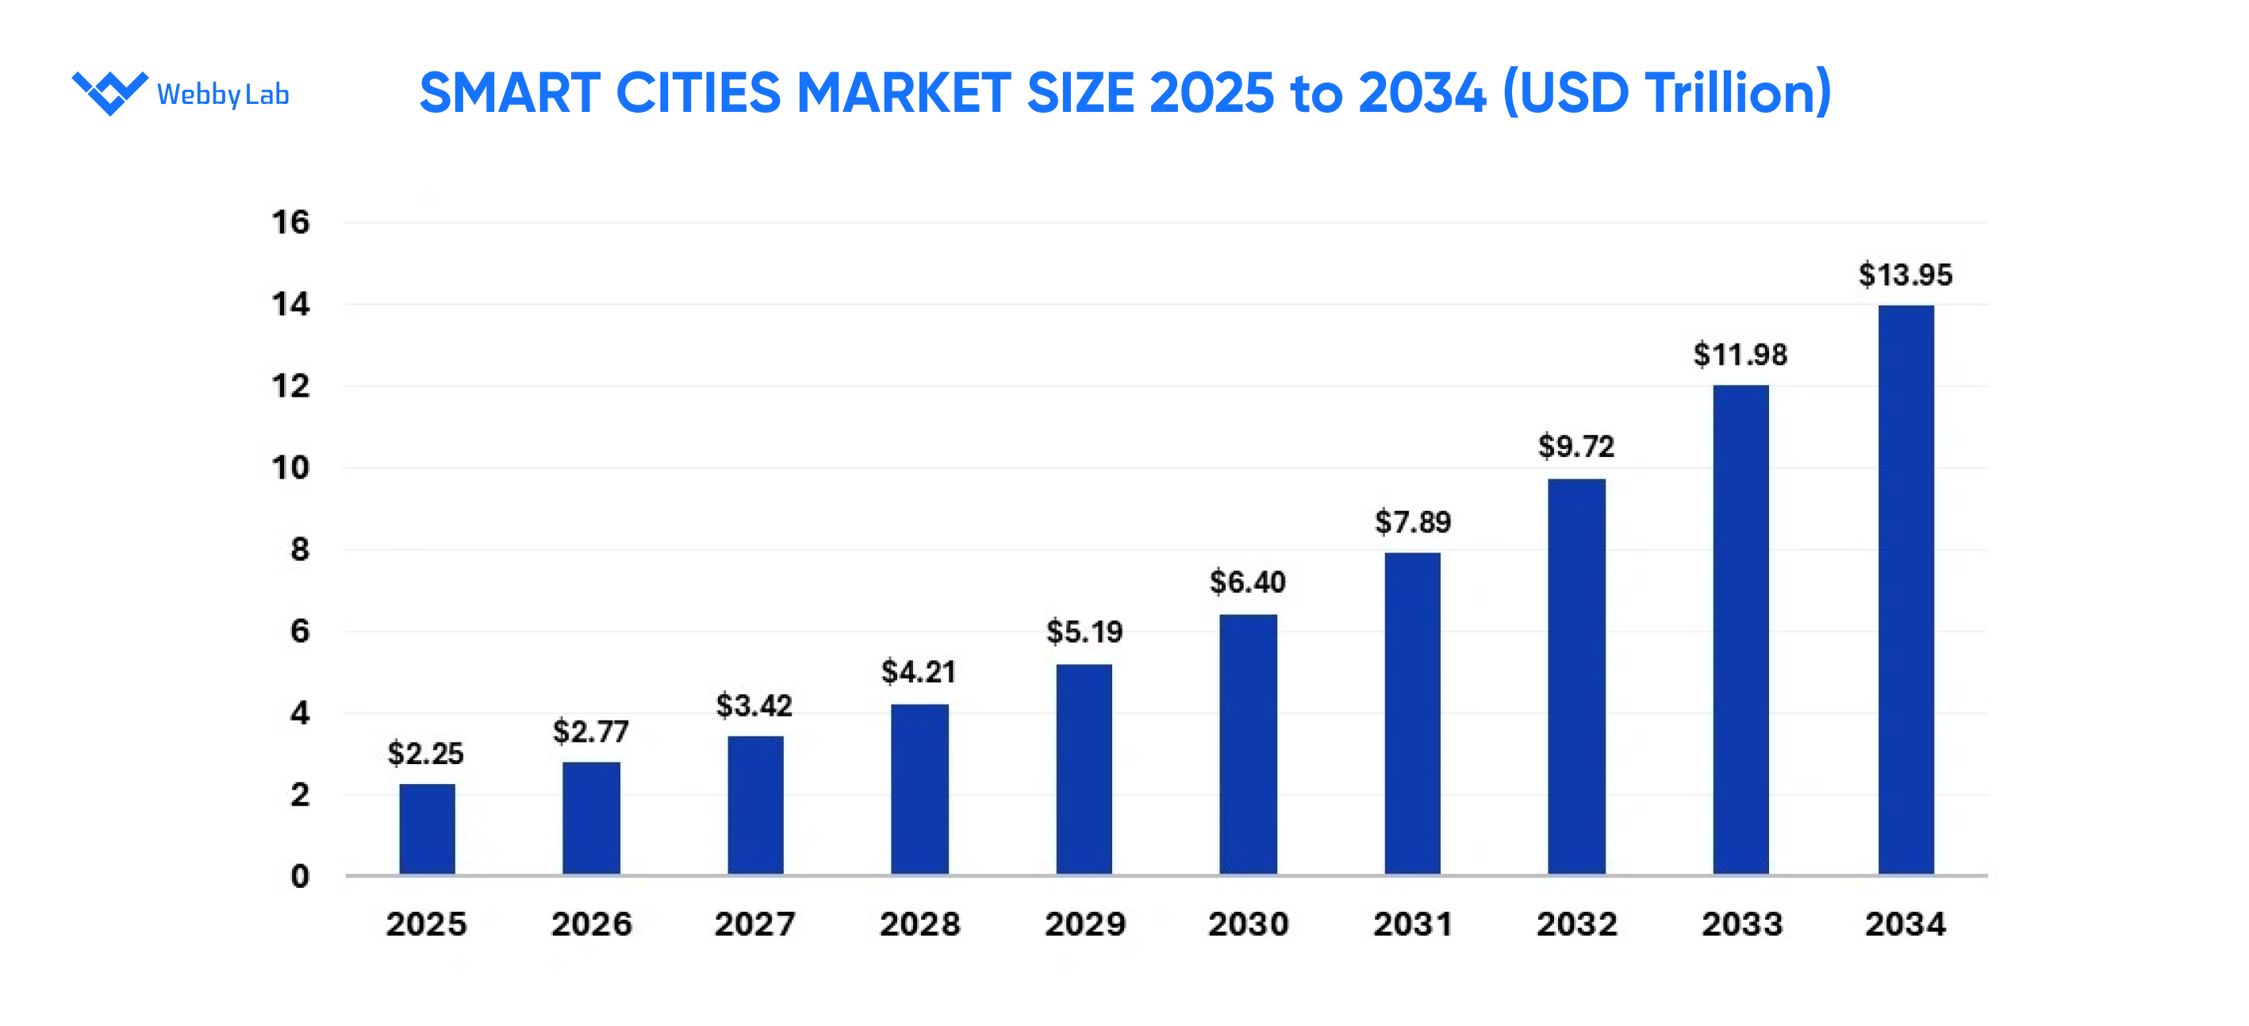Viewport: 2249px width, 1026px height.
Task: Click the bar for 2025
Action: pos(427,828)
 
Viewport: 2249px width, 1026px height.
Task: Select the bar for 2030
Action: pos(1248,744)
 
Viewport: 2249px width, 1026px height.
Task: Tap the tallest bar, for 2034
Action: pos(1906,590)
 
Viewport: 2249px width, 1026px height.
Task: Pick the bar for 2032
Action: pos(1575,676)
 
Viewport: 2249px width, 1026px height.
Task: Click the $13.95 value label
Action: pos(1905,275)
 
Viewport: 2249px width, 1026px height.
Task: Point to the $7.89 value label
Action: pos(1412,522)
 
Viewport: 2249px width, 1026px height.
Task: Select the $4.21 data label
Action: pos(919,671)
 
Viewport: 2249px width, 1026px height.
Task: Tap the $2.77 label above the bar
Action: pos(590,732)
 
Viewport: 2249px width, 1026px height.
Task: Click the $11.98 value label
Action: pos(1740,355)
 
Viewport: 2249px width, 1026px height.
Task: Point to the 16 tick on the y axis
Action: pos(290,223)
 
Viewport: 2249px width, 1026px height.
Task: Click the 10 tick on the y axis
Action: pos(290,468)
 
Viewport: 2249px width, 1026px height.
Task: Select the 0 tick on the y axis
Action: pos(299,876)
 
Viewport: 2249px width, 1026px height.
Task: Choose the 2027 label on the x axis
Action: pos(755,924)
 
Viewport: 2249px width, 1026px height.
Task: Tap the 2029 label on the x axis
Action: pos(1085,924)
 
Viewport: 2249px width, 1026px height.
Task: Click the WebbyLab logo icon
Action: pos(110,93)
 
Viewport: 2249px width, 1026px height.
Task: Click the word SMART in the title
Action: pos(510,93)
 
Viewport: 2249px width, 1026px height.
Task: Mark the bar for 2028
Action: pos(919,789)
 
